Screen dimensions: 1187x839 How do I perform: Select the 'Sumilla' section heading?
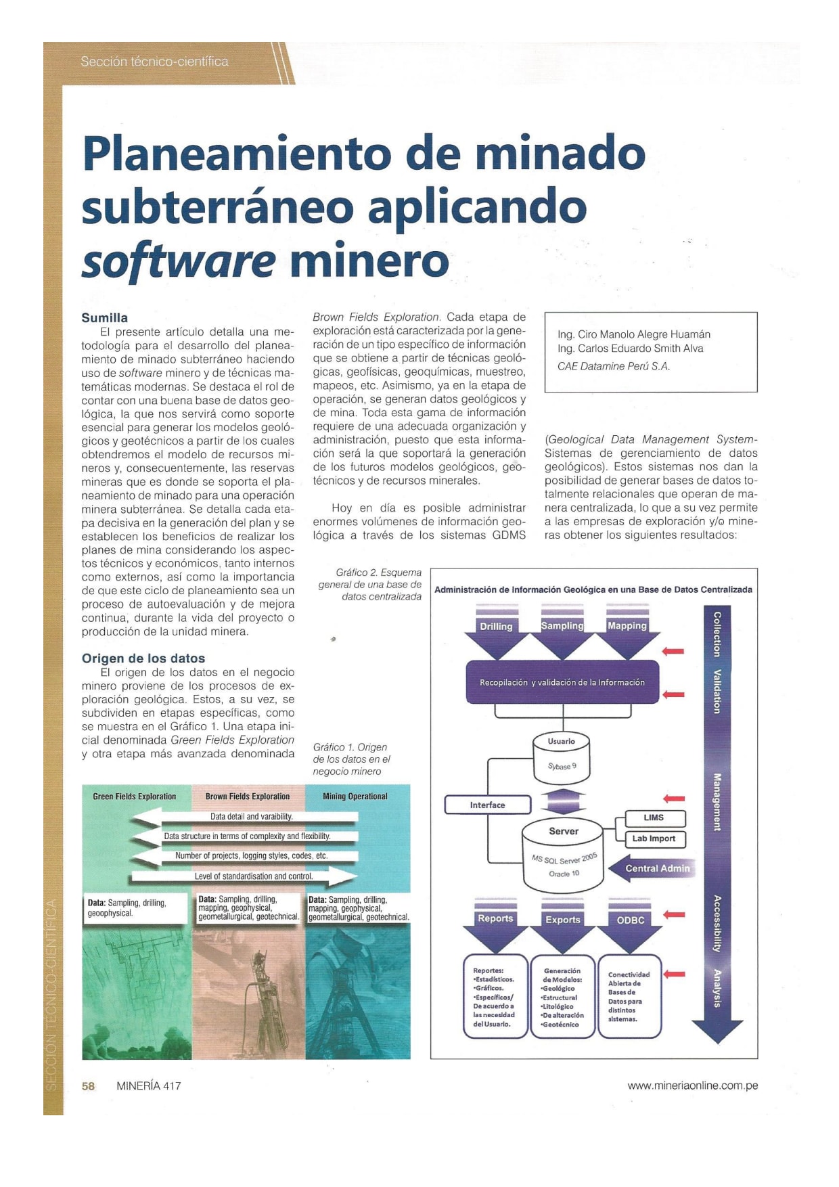104,317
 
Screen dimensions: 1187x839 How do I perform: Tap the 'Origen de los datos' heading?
143,658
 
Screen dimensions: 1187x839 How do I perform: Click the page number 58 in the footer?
88,1085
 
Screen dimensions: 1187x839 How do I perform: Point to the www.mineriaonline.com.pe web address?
692,1085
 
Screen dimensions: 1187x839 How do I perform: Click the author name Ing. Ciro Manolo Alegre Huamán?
634,334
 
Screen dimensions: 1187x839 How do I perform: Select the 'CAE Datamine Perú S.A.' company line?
613,366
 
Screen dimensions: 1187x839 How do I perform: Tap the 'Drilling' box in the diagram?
496,627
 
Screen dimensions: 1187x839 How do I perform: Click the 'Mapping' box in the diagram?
627,625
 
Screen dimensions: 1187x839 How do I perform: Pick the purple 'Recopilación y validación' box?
562,682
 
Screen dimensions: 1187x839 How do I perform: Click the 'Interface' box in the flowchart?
487,805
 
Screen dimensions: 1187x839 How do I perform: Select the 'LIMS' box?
654,818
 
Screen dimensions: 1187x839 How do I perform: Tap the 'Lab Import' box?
654,838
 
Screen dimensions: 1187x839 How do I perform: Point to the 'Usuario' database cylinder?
561,757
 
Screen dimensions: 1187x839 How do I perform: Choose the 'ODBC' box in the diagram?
630,920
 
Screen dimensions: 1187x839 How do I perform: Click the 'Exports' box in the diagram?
562,920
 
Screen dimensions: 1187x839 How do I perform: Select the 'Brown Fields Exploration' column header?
248,797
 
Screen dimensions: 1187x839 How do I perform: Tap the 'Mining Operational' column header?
355,797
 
